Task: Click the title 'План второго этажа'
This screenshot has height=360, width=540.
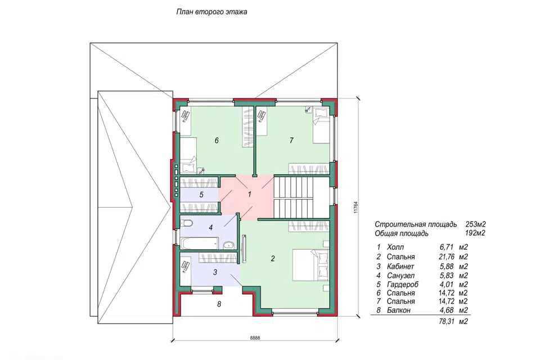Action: tap(211, 12)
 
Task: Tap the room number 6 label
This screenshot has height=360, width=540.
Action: tap(217, 141)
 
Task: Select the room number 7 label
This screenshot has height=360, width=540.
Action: tap(292, 140)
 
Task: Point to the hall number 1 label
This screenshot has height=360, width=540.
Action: tap(250, 194)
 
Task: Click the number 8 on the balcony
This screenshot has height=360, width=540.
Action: tap(219, 304)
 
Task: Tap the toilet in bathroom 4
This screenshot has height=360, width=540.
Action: tap(187, 224)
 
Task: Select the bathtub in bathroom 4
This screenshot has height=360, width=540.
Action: tap(199, 243)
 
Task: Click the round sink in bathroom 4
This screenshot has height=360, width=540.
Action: tap(228, 245)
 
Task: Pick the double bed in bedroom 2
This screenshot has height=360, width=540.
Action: tap(310, 265)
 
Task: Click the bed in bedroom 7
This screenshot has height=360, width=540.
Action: tap(321, 125)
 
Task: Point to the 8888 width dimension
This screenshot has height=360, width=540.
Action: tap(255, 337)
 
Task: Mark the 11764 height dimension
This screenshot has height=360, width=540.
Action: tap(355, 208)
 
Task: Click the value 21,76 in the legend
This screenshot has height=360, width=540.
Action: tap(447, 256)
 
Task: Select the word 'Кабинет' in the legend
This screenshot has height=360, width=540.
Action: tap(400, 266)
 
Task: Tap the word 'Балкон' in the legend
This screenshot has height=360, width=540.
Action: tap(398, 310)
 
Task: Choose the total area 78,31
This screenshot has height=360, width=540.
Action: tap(447, 321)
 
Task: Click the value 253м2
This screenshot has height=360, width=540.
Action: tap(476, 224)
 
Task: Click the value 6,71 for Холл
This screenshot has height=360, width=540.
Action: tap(447, 247)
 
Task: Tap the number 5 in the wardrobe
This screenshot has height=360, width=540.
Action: tap(201, 195)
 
